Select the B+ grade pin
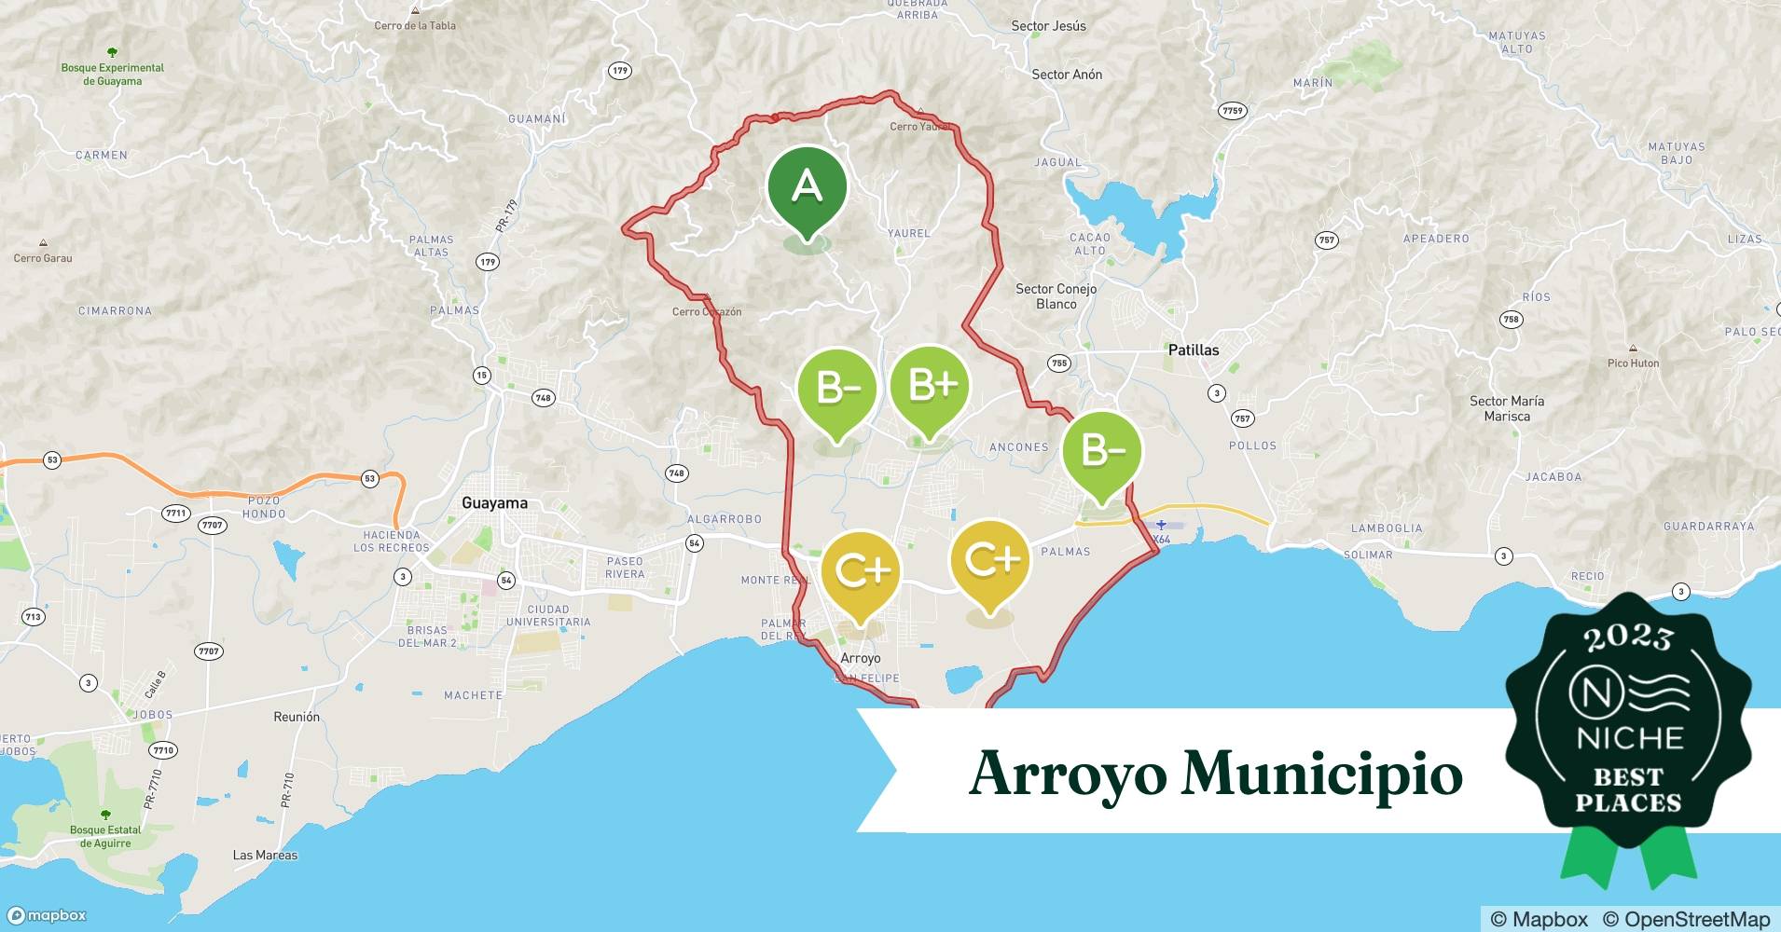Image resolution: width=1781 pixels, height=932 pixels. (930, 386)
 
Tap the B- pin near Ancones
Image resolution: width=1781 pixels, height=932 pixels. (1102, 453)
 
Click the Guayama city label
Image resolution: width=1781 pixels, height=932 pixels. (494, 503)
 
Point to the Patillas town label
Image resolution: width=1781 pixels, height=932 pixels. (1193, 350)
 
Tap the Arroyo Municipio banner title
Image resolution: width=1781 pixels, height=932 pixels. (1214, 773)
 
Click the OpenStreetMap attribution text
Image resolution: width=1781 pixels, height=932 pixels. (1686, 919)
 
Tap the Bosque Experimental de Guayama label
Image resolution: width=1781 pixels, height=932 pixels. (112, 74)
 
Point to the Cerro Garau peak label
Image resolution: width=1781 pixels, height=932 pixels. (43, 258)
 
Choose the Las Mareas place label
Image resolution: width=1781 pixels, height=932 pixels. (265, 855)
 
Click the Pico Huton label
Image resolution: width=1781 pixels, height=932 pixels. (1633, 363)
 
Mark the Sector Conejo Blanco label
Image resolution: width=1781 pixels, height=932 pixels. (1056, 296)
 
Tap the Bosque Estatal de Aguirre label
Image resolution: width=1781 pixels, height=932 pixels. (105, 836)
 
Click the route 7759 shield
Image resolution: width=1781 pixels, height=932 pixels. (1233, 111)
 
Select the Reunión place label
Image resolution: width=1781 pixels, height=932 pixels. (297, 717)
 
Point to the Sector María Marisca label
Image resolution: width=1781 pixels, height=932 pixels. (1506, 408)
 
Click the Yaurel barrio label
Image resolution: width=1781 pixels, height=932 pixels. (908, 233)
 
